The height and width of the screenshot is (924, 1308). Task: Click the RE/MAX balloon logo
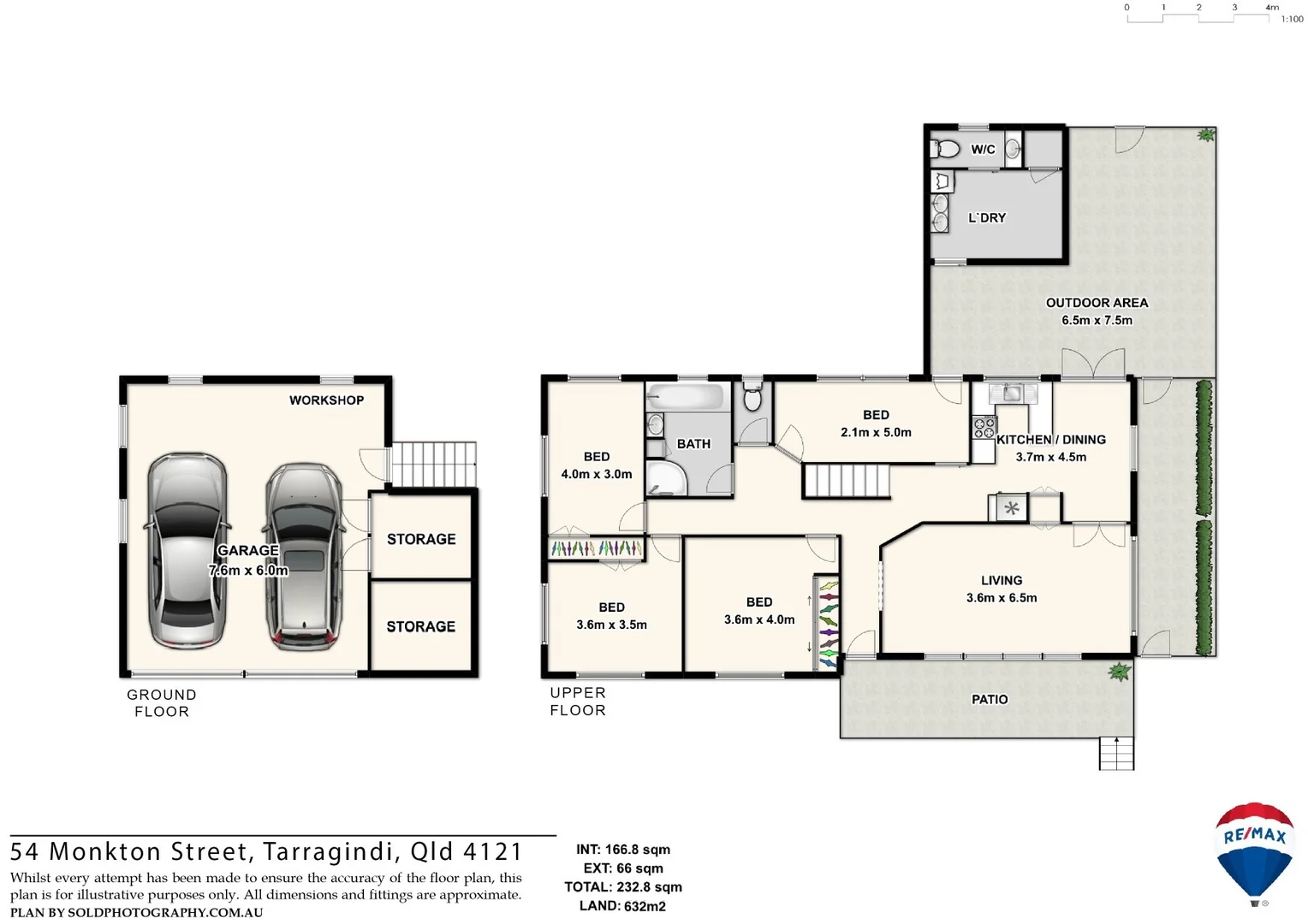1254,852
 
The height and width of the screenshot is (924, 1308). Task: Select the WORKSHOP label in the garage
326,400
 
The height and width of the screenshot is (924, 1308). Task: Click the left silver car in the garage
187,552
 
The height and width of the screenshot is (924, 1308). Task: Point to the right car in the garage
302,556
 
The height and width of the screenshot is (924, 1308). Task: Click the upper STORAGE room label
421,539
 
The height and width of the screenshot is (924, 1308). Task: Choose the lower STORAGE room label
421,626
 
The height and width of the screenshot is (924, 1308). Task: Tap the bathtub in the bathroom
687,396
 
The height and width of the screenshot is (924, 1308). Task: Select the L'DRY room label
987,218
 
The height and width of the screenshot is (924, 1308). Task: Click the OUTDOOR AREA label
1097,303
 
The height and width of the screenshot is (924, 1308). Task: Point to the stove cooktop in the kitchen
984,427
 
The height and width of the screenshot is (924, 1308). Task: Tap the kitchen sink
1012,393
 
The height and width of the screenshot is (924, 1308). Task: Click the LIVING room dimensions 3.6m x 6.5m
1002,598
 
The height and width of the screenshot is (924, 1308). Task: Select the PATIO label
990,700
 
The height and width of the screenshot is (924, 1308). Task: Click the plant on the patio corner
1118,672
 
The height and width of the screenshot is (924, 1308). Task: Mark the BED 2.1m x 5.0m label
876,423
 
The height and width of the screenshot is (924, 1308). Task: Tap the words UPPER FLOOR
578,702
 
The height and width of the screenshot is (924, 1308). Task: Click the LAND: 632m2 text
622,906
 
